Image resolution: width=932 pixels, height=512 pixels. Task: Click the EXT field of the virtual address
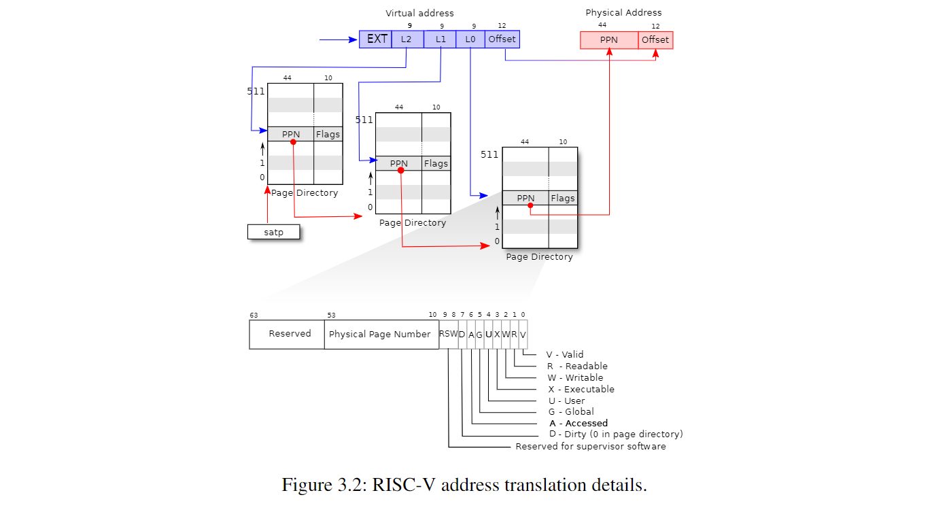(375, 39)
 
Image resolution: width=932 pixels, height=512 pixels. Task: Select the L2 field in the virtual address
(407, 39)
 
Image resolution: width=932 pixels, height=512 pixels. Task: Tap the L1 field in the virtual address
(440, 39)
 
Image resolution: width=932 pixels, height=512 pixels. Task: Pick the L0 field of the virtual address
(470, 39)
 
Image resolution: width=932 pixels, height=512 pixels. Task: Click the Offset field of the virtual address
(502, 39)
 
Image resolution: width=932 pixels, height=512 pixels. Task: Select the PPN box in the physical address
(609, 40)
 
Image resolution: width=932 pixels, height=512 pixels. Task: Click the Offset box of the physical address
(656, 40)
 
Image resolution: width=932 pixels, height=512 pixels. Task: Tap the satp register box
(274, 232)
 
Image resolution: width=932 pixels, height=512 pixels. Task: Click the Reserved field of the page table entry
(287, 334)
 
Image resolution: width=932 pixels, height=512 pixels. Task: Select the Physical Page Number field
(381, 334)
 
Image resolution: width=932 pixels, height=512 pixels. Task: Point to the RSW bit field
(449, 334)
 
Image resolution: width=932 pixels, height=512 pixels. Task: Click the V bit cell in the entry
(523, 334)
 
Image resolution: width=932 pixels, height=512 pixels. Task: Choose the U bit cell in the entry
(489, 334)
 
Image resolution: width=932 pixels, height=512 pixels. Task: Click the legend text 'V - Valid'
(565, 354)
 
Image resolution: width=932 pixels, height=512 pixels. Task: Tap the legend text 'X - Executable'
(581, 389)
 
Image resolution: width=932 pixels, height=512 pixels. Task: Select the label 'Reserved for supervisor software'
(591, 446)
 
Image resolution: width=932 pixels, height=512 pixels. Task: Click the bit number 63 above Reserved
(254, 315)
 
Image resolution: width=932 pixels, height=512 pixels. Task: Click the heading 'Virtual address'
(419, 14)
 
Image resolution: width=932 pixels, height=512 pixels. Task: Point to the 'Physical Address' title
(623, 12)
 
